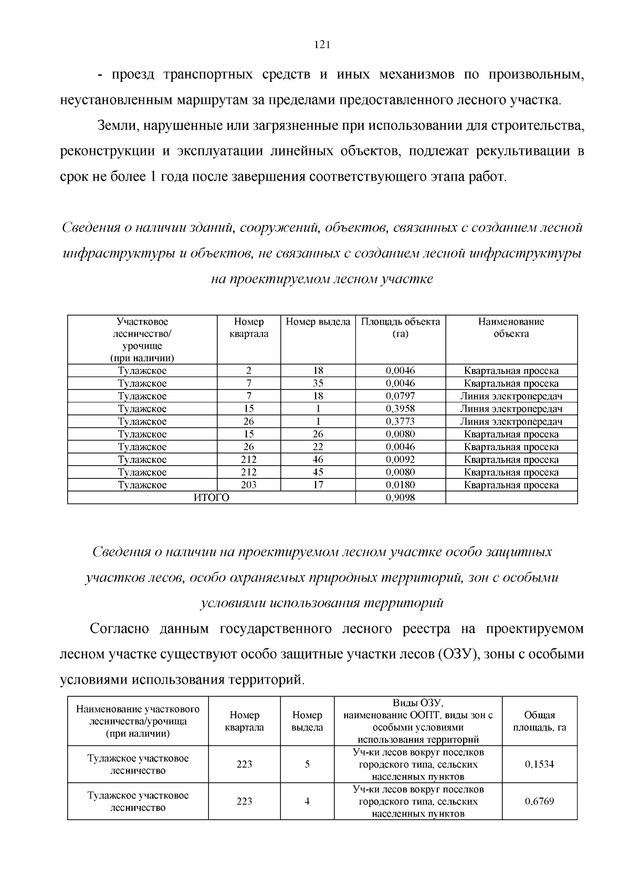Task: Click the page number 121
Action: point(321,45)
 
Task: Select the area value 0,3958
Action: point(400,408)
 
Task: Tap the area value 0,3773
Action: point(400,421)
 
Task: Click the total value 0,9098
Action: point(400,497)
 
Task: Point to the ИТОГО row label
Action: point(211,497)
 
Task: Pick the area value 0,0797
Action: point(400,396)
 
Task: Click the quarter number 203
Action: point(248,485)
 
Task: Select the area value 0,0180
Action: point(400,485)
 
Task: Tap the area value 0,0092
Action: point(400,459)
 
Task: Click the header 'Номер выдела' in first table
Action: point(318,322)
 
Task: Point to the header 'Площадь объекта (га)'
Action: point(400,328)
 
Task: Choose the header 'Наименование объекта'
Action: point(511,328)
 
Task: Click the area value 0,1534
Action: point(539,764)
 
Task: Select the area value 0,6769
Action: point(539,801)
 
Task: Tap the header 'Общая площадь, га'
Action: point(539,721)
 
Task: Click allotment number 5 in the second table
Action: point(307,764)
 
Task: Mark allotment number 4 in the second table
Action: point(307,801)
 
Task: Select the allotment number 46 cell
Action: point(318,459)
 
